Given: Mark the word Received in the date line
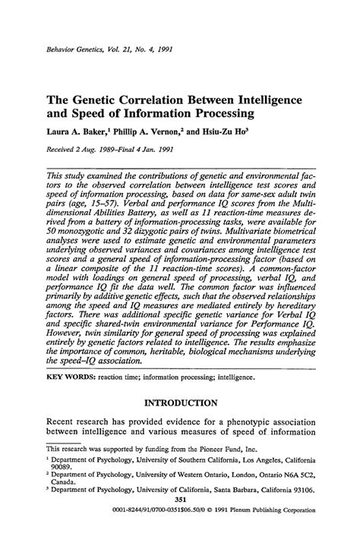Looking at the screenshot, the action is pos(65,150).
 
